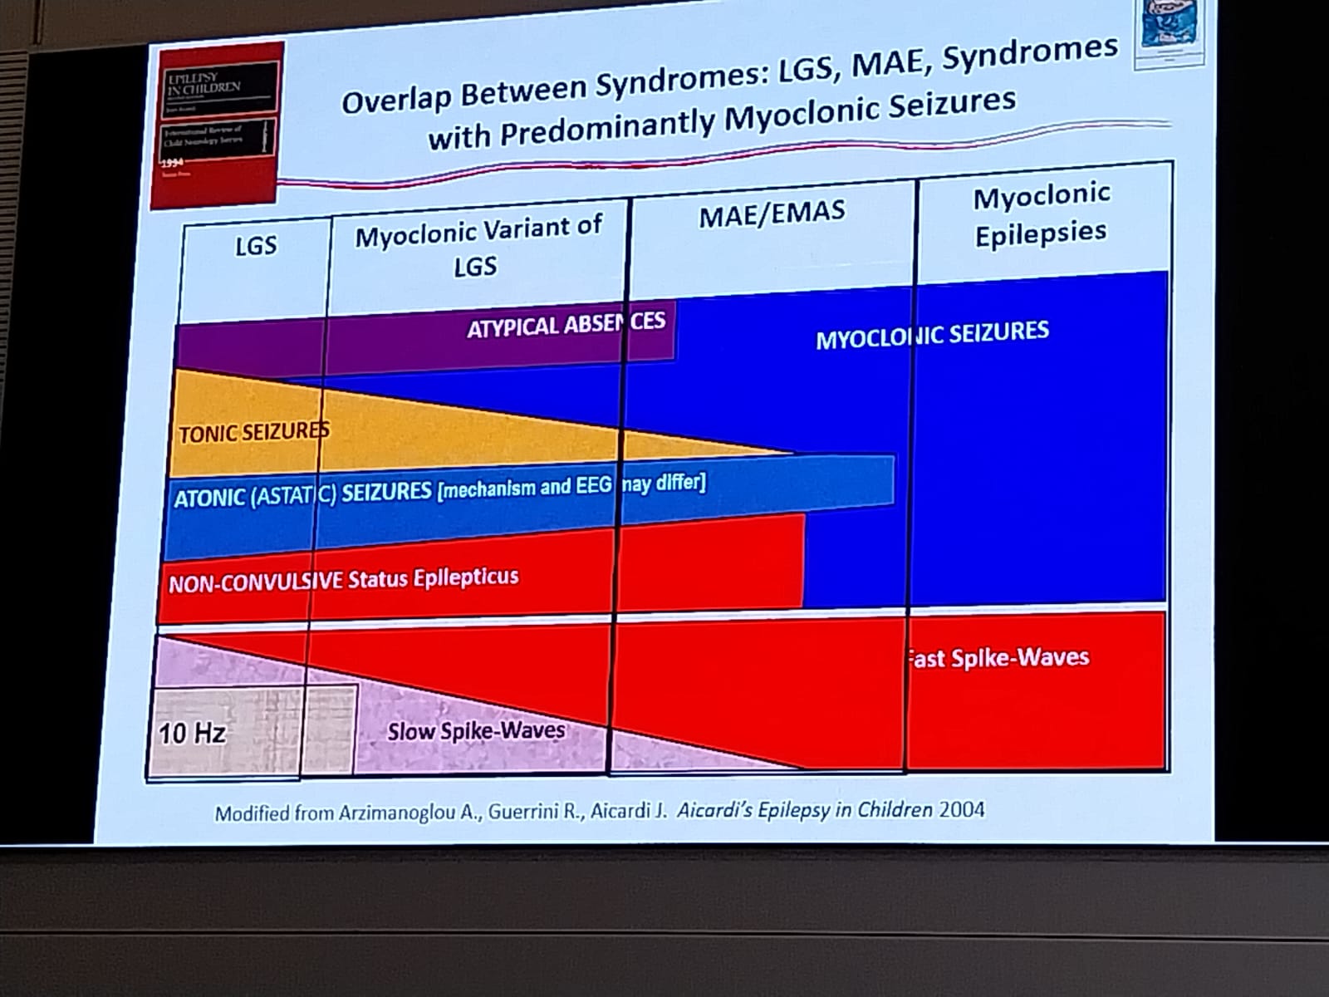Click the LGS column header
click(255, 246)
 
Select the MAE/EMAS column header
click(772, 214)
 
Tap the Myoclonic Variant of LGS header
click(478, 247)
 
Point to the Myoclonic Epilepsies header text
click(1041, 215)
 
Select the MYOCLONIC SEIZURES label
click(932, 336)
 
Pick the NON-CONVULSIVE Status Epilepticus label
click(344, 580)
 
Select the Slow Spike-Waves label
click(476, 731)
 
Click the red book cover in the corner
click(213, 125)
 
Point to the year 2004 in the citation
click(962, 808)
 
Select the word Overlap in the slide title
click(397, 98)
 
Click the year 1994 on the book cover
click(171, 164)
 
